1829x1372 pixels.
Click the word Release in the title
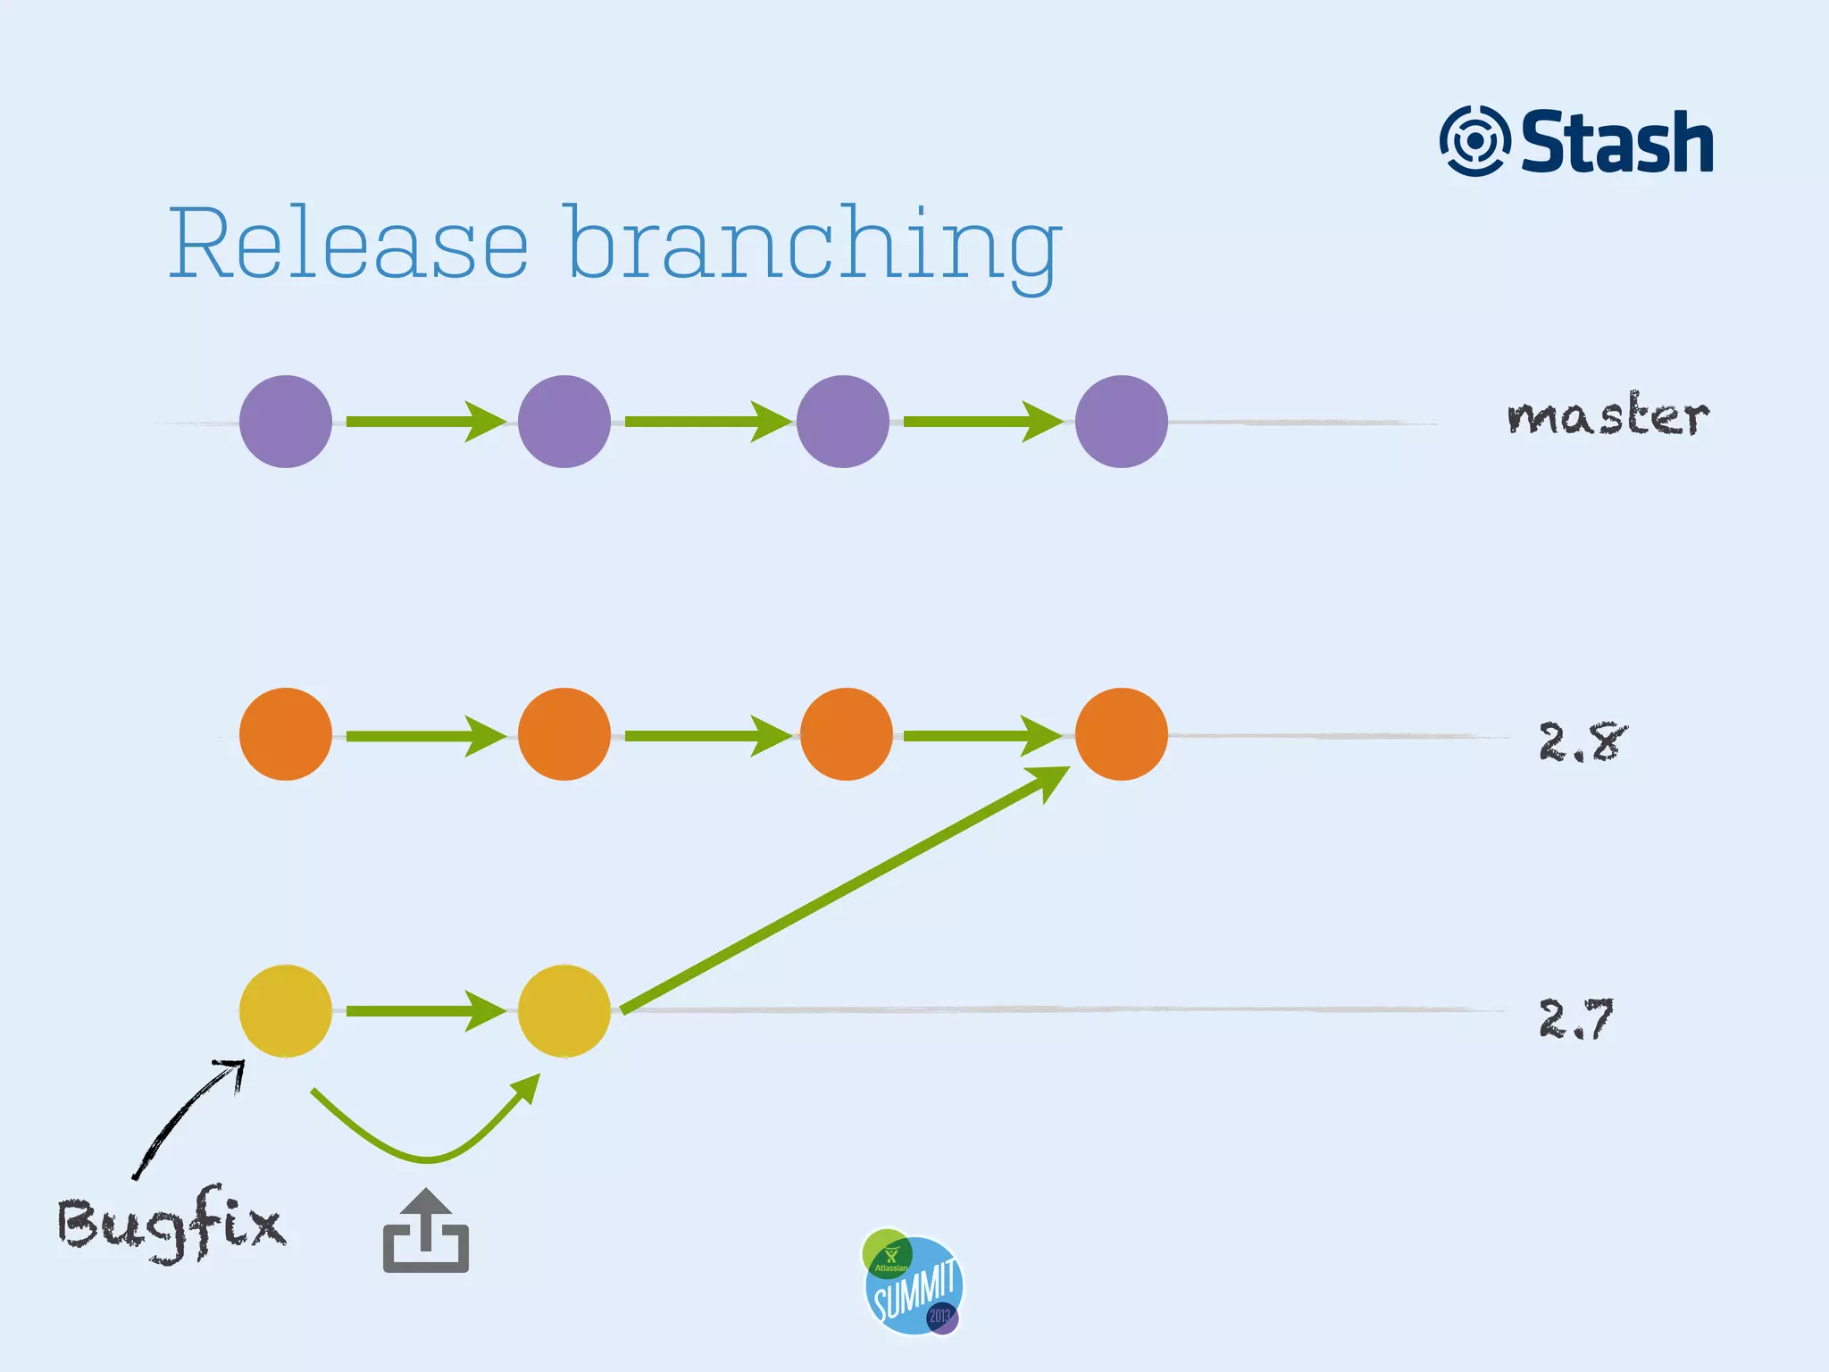348,243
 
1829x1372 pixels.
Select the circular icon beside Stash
1474,141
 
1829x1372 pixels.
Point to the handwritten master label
1608,415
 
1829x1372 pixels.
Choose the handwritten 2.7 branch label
1576,1019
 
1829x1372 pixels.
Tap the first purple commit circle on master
286,422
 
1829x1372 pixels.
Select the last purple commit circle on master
1121,422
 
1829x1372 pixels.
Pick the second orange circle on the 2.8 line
564,734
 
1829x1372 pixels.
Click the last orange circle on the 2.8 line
1121,734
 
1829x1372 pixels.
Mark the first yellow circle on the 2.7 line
286,1011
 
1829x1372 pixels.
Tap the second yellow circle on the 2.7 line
564,1011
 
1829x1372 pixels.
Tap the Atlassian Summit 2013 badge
913,1282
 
